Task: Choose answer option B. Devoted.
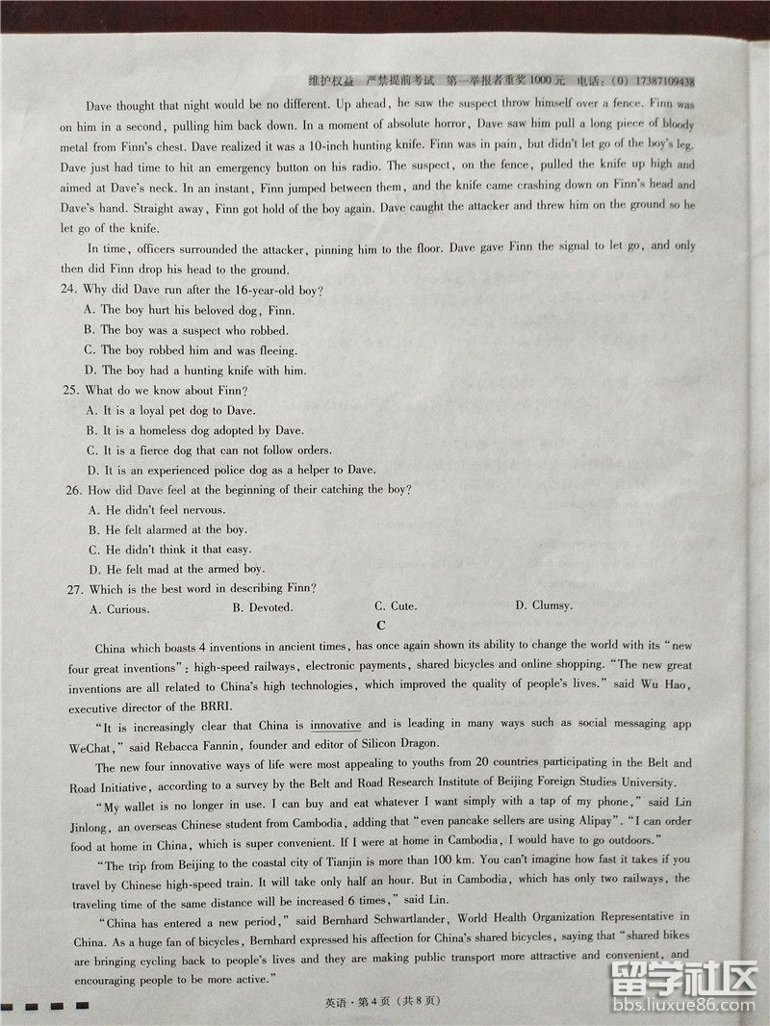[x=262, y=607]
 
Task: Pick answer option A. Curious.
[x=118, y=609]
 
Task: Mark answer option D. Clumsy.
[x=544, y=605]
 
